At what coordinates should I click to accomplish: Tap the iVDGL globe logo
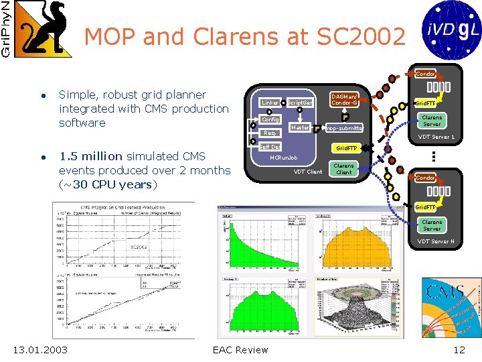click(449, 29)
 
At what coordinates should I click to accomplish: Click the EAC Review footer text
click(240, 349)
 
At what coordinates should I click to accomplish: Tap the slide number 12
click(459, 349)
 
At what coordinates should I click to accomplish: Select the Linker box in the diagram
click(270, 103)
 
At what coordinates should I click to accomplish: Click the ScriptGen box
click(300, 103)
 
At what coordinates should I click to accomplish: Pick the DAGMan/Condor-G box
click(345, 99)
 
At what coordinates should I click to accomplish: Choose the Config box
click(270, 119)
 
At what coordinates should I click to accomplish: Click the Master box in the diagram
click(300, 127)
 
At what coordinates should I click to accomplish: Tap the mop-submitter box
click(344, 127)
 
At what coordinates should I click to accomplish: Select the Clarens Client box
click(343, 169)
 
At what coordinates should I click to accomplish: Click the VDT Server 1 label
click(436, 137)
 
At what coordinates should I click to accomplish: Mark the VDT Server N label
click(436, 241)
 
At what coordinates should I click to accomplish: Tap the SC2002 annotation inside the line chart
click(139, 246)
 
